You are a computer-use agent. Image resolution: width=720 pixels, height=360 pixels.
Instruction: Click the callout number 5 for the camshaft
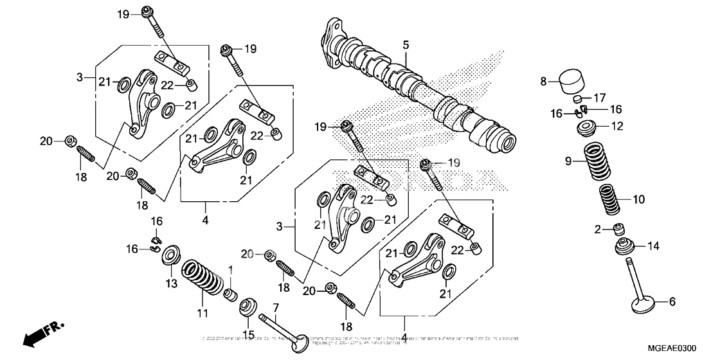click(406, 44)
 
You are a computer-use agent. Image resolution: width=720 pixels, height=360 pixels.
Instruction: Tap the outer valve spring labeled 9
click(598, 161)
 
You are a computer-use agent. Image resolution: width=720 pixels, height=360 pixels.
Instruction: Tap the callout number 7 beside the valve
click(275, 309)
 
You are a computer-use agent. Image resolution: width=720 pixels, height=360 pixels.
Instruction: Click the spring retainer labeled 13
click(170, 255)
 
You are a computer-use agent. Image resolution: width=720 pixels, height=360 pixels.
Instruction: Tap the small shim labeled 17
click(578, 98)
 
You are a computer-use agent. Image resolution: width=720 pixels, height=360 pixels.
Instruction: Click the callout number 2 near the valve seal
click(597, 229)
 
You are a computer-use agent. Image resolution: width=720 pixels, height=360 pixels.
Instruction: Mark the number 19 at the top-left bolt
click(123, 13)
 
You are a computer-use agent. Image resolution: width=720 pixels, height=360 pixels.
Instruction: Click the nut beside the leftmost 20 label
click(69, 140)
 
